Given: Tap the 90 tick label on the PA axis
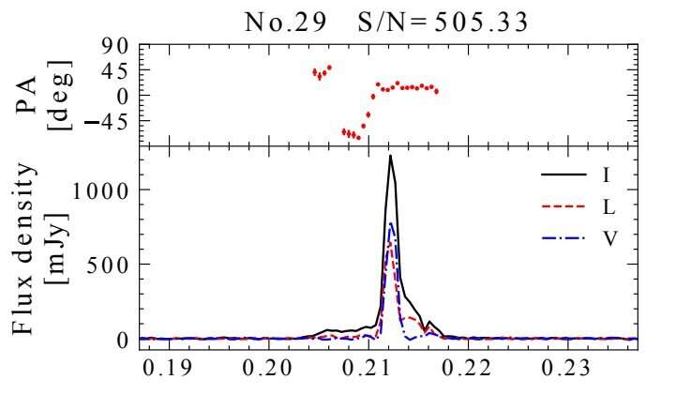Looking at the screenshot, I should coord(114,46).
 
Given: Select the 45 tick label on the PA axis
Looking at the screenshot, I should coord(114,70).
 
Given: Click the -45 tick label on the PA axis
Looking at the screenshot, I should coord(108,121).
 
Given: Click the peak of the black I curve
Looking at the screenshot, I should coord(391,156).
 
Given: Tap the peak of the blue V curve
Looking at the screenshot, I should coord(391,223).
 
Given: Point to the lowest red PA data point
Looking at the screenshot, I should coord(358,137).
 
